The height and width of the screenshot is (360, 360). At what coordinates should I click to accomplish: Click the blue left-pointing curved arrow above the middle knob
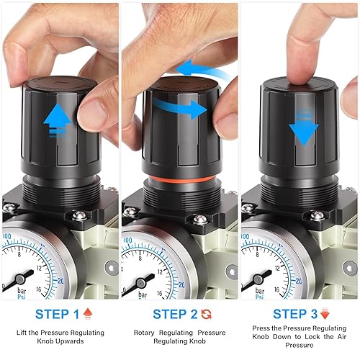(202, 70)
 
